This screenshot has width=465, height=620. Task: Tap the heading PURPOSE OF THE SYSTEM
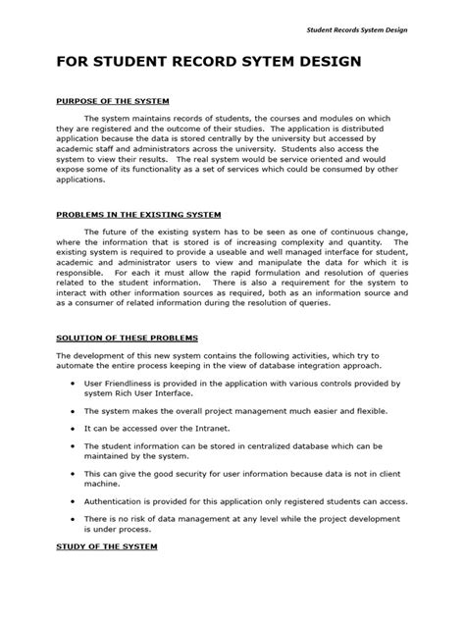click(114, 103)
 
